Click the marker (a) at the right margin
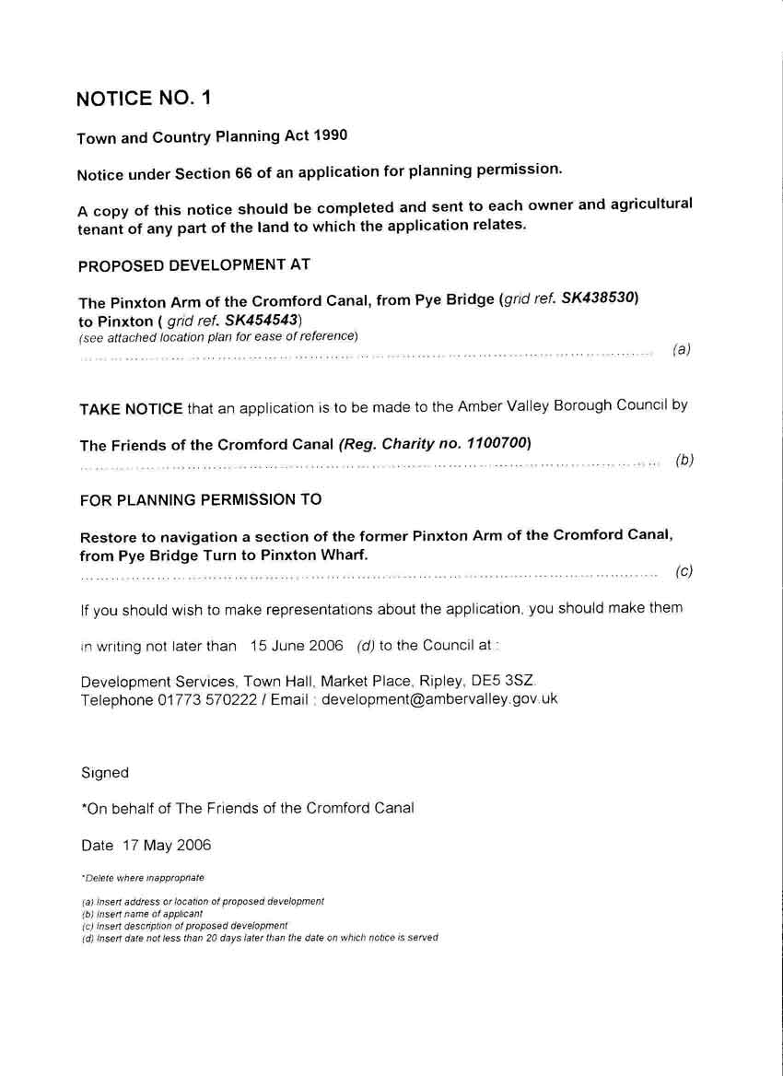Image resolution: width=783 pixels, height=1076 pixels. (x=682, y=349)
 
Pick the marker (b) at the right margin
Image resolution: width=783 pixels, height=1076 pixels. (x=684, y=460)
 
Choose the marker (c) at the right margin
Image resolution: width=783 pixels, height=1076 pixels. (x=684, y=571)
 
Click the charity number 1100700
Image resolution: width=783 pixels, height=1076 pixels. (x=497, y=443)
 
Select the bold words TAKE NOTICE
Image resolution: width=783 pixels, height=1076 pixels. (x=131, y=408)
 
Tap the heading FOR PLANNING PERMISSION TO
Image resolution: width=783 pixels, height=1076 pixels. (x=201, y=500)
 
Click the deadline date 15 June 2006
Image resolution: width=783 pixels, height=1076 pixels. (x=297, y=645)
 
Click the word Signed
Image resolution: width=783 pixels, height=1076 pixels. (x=104, y=773)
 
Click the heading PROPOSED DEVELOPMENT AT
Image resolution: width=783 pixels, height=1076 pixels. (x=194, y=265)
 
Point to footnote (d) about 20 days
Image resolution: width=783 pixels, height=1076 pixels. (x=260, y=938)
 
